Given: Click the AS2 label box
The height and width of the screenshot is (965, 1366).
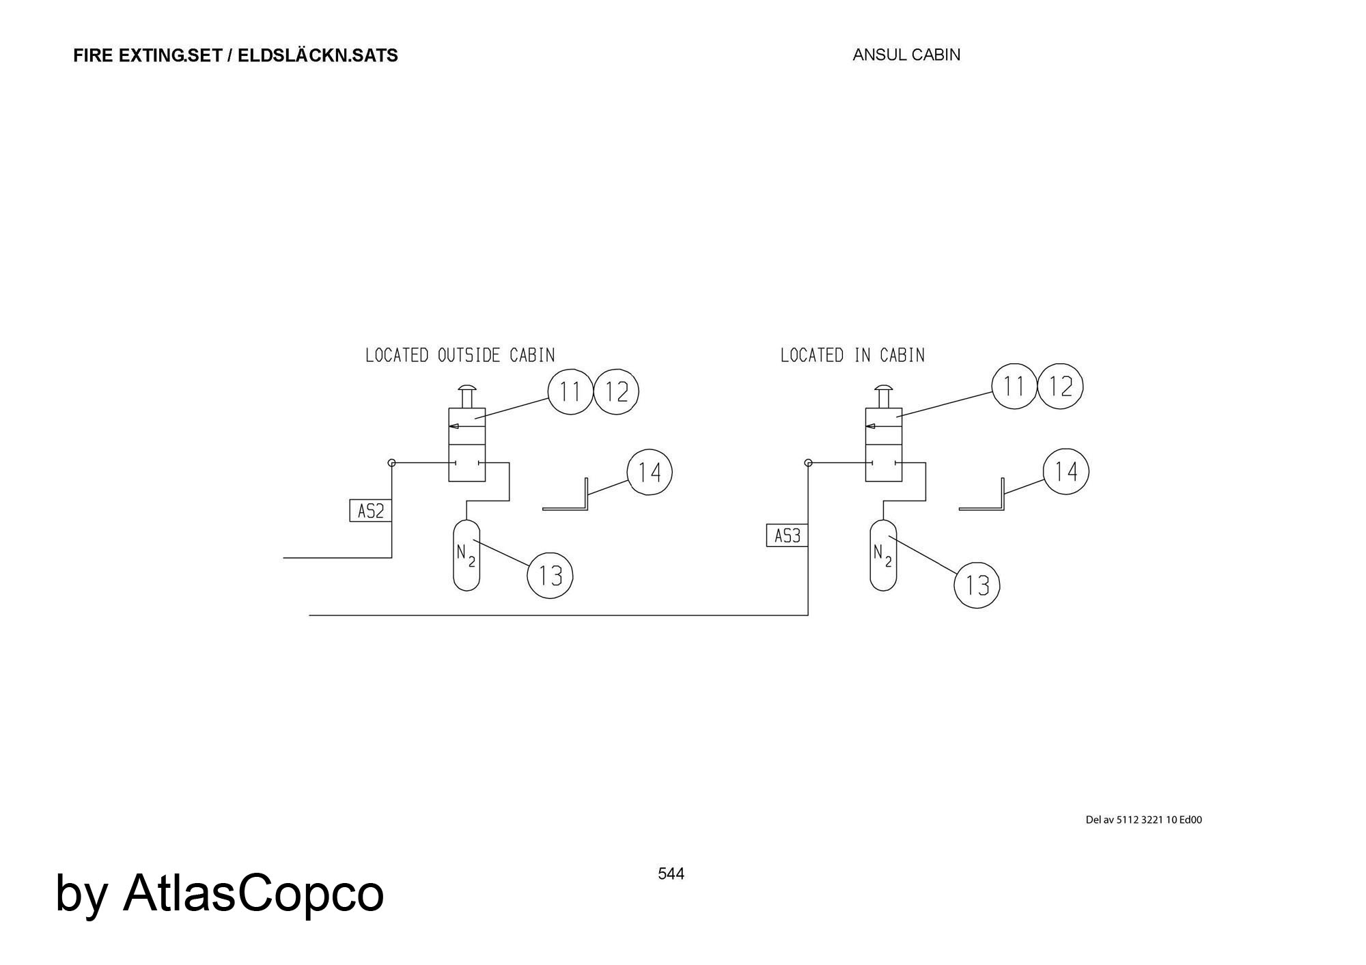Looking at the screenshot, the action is point(371,511).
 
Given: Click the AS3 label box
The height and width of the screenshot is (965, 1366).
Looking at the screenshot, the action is point(787,536).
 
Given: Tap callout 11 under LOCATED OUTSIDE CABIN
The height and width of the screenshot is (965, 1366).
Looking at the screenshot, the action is point(570,392).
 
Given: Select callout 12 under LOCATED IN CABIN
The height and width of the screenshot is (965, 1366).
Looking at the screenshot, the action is point(1060,387).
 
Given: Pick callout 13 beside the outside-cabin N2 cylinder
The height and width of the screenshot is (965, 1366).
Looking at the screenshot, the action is point(550,576).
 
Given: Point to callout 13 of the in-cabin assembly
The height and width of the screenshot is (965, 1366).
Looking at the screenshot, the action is point(977,585).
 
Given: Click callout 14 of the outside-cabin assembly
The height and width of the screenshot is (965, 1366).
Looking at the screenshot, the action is point(650,472).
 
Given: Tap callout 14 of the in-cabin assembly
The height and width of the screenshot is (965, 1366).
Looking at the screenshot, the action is point(1066,471).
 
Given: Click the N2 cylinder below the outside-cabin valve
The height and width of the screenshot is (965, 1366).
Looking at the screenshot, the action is point(466,555).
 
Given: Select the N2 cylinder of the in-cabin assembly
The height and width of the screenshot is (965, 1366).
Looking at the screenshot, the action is point(883,555).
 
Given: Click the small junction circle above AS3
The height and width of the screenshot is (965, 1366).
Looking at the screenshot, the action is point(809,463).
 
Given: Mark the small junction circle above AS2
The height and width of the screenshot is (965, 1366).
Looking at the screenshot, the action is point(392,463).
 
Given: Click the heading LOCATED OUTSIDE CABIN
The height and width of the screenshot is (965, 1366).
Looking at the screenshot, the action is point(460,355).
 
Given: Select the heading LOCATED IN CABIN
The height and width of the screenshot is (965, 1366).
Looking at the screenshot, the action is point(852,355).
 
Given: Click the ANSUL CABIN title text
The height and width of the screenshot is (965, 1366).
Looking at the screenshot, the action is point(906,55).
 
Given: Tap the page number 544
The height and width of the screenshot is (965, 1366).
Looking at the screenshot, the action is point(671,873).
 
